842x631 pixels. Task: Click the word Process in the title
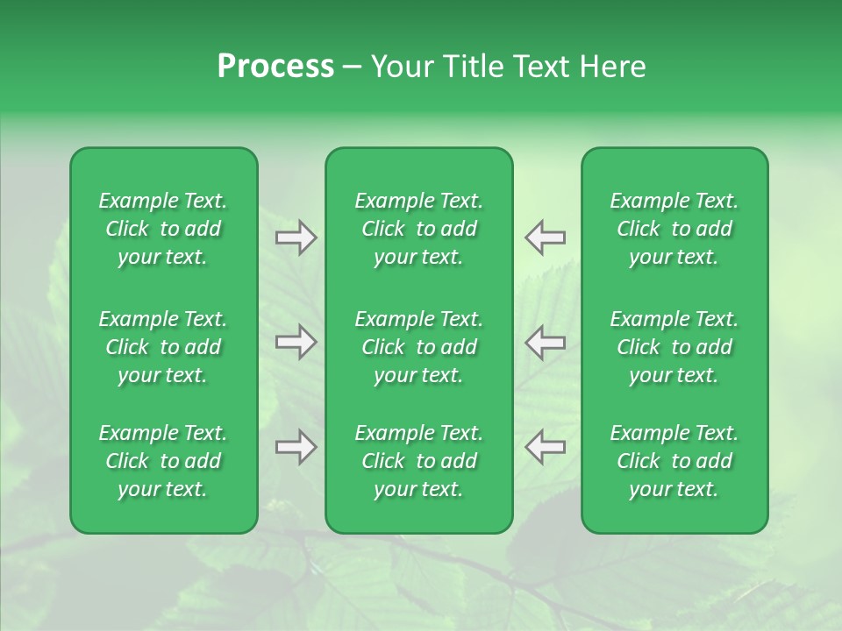(275, 67)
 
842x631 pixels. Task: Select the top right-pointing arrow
(296, 238)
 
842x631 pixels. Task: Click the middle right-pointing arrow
(296, 342)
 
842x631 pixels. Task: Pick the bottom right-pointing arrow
(296, 447)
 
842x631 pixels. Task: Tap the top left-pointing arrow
(545, 238)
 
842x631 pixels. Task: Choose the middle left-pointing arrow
(545, 342)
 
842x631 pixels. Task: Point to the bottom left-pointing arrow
(545, 447)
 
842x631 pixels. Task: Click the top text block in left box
(163, 229)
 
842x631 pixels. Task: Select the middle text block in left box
(163, 347)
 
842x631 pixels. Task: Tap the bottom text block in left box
(163, 461)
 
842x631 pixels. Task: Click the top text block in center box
(418, 229)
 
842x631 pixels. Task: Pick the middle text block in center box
(418, 347)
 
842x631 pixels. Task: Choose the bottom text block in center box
(418, 461)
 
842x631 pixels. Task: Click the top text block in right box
(674, 229)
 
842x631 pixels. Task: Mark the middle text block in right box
(674, 347)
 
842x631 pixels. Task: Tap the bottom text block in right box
(674, 461)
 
